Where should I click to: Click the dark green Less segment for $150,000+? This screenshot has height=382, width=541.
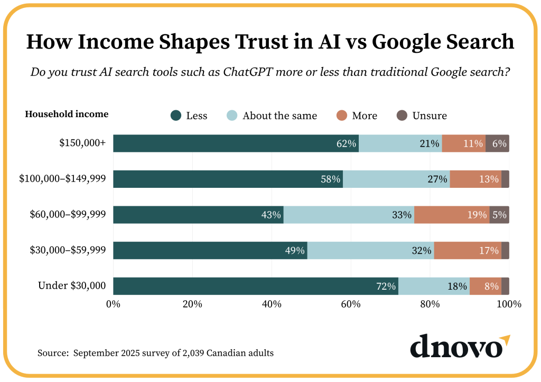pos(236,144)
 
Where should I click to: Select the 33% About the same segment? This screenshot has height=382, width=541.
pos(349,215)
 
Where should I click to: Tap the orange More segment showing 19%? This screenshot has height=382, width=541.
pos(452,215)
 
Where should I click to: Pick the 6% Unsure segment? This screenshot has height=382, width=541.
pos(497,144)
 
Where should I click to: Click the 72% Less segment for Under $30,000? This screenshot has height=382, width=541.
pos(255,286)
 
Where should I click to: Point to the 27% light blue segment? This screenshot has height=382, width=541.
pos(396,179)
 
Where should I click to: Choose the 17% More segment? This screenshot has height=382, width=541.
pos(468,250)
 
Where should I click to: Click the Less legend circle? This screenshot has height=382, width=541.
pos(176,116)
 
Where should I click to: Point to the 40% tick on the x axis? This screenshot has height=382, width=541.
pos(272,304)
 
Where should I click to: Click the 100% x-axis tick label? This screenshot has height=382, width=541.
pos(509,304)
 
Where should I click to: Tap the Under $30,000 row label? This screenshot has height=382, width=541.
pos(72,286)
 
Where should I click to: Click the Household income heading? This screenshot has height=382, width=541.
pos(67,114)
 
